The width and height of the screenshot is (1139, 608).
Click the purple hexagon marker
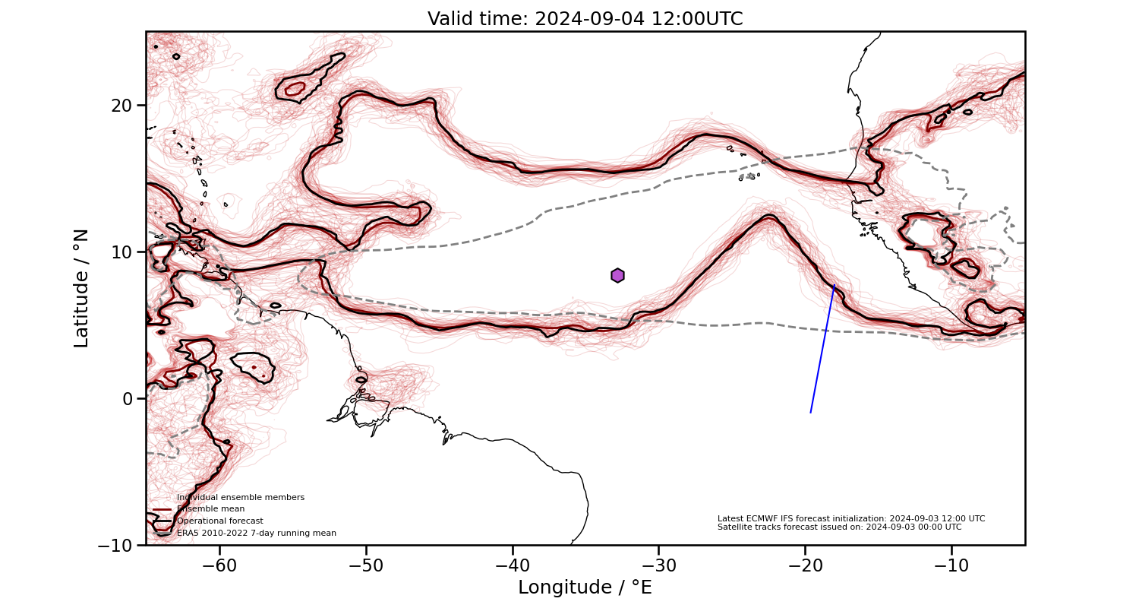pos(617,275)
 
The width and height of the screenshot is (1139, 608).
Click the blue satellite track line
pos(822,350)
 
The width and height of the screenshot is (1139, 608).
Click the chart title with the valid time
pos(585,19)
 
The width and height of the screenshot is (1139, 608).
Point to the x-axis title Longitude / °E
pos(585,587)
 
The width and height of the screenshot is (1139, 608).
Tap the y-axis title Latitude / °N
pos(81,288)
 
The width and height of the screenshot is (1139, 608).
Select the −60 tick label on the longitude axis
pos(219,565)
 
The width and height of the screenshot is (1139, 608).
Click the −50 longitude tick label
pos(366,565)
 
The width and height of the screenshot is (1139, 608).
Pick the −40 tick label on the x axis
pos(513,565)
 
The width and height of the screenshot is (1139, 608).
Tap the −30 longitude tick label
pos(659,565)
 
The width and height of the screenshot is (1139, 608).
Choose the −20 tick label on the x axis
pos(806,565)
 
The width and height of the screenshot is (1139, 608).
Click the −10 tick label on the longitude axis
pos(952,565)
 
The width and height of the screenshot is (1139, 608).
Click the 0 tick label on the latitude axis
pos(128,398)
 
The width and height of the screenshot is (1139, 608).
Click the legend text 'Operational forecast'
pos(220,521)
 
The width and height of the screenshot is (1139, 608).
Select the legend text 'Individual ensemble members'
pos(241,498)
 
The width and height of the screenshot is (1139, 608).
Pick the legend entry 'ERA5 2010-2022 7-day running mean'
pos(257,534)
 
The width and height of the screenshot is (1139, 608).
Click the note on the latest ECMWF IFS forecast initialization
pos(851,518)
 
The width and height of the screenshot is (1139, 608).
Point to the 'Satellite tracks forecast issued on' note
pos(839,527)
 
